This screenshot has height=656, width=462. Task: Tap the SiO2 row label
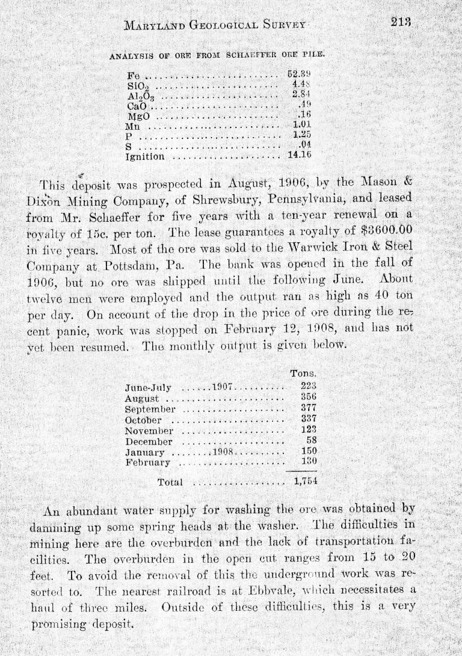(134, 85)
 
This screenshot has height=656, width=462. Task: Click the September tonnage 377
(308, 408)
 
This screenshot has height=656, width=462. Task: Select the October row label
(145, 418)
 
